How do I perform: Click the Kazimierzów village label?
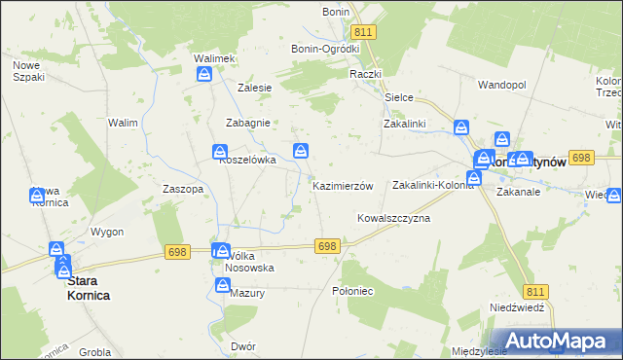[342, 185]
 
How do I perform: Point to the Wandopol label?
[501, 85]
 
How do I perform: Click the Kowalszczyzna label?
[393, 218]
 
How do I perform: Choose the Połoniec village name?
[352, 291]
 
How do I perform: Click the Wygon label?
[107, 232]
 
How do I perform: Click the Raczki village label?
[366, 73]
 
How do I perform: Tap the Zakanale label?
[517, 192]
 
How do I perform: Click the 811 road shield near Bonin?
[363, 32]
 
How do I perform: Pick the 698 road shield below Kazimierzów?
[327, 246]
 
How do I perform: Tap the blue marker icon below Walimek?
[205, 78]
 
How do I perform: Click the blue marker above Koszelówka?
[221, 152]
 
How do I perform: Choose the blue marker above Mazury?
[222, 283]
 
